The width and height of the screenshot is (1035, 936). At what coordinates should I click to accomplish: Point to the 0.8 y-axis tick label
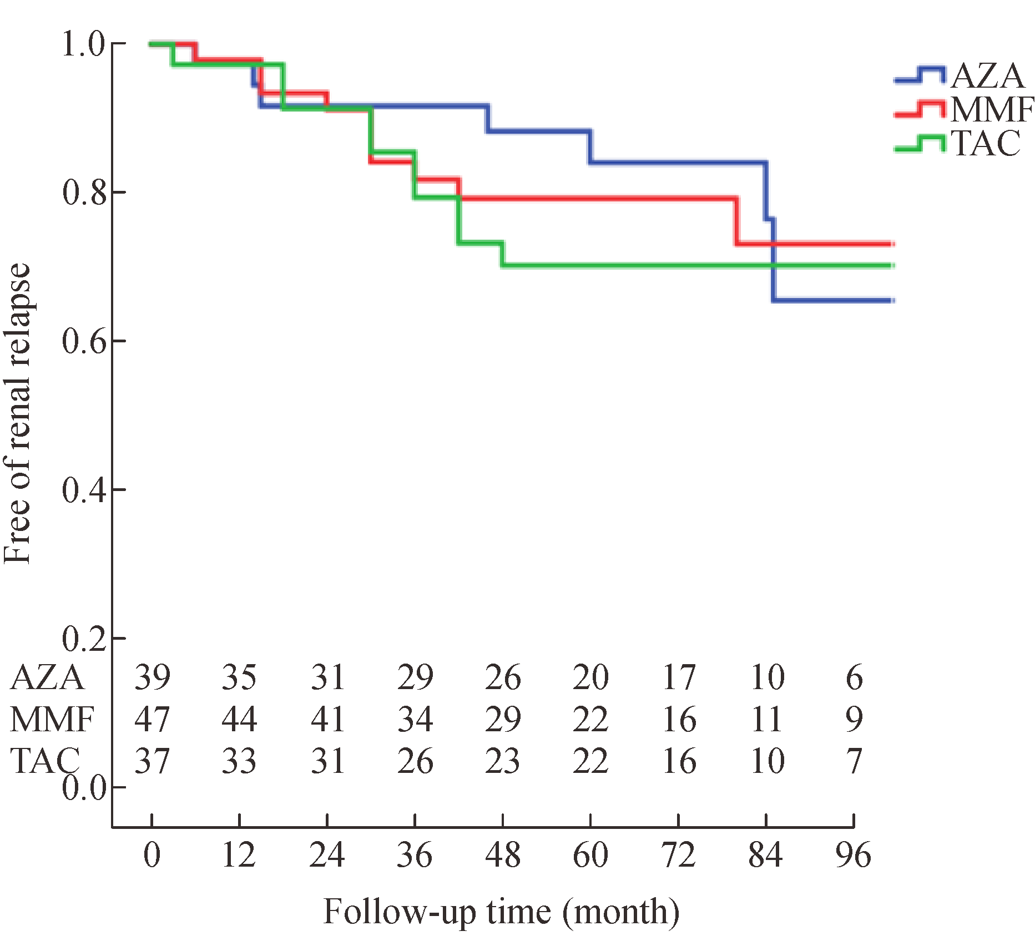(x=84, y=193)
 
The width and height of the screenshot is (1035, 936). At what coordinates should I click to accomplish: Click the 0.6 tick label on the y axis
(x=84, y=341)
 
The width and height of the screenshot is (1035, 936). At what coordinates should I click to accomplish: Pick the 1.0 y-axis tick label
(x=84, y=44)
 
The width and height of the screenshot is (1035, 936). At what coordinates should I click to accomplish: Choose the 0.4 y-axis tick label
(x=84, y=490)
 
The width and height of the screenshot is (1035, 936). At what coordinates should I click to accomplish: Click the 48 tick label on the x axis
(x=503, y=855)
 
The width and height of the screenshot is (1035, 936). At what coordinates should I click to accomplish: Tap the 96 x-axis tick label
(x=854, y=855)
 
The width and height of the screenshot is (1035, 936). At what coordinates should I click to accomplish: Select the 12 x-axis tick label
(x=239, y=855)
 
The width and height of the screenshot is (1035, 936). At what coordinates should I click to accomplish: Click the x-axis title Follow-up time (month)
(x=501, y=912)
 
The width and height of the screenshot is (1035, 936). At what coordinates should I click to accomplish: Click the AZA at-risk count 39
(x=153, y=677)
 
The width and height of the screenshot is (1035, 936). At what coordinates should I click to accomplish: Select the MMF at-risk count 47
(x=153, y=719)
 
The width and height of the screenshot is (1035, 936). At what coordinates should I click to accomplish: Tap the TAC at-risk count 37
(x=153, y=761)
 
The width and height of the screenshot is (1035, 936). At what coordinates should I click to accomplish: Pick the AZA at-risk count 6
(x=854, y=677)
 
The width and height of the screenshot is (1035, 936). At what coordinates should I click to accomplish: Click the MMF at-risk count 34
(x=415, y=719)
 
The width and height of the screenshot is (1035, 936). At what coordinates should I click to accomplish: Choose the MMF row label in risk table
(x=52, y=719)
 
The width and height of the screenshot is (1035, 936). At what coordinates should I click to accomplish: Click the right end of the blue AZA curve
(x=892, y=301)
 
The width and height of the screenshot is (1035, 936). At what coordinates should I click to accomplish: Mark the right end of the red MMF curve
(x=892, y=244)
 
